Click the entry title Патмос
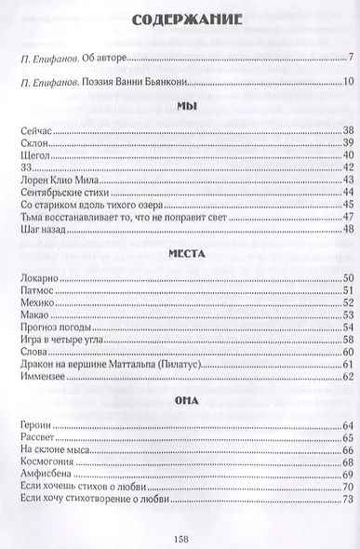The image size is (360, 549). tap(34, 290)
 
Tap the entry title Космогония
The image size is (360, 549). tap(44, 462)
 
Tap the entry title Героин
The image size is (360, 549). tap(33, 425)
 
